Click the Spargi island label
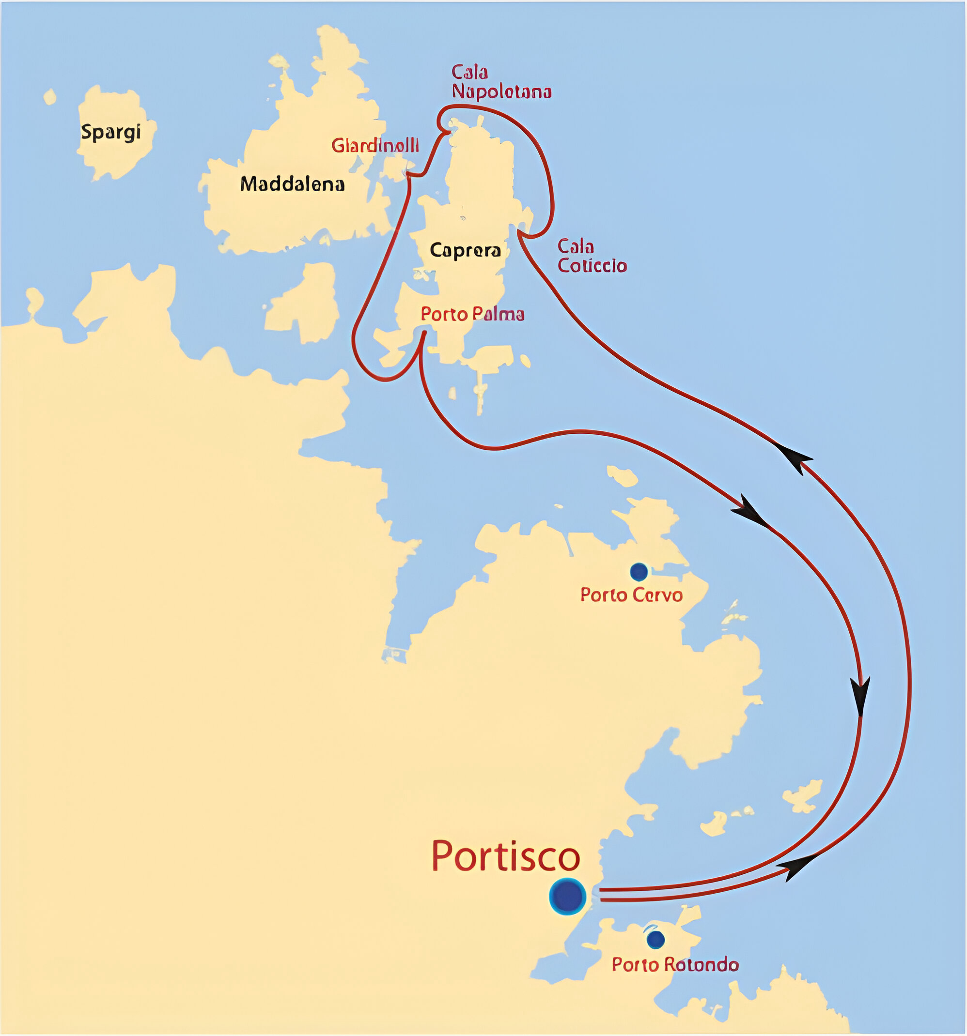click(111, 132)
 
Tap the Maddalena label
click(292, 184)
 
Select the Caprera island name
click(465, 251)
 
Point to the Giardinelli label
click(375, 145)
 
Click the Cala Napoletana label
click(501, 82)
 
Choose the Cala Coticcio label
click(592, 256)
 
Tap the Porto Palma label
click(472, 314)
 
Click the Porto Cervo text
click(631, 595)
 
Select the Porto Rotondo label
click(675, 965)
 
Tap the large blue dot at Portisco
click(567, 897)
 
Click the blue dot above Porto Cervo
click(639, 572)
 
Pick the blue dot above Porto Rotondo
click(655, 939)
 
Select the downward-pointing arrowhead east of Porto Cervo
click(859, 696)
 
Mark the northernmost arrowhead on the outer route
click(795, 457)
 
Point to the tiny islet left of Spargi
click(49, 97)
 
